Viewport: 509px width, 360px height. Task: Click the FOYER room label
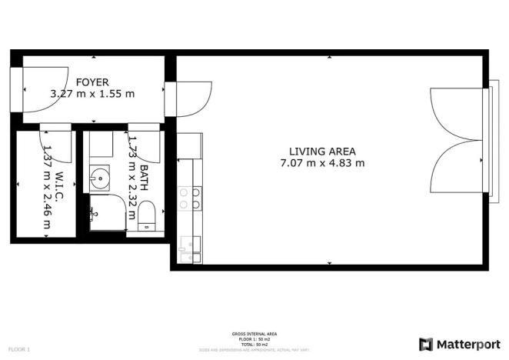pyautogui.click(x=92, y=82)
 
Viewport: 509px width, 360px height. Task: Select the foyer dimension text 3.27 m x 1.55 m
pyautogui.click(x=92, y=94)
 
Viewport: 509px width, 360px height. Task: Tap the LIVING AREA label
pyautogui.click(x=322, y=151)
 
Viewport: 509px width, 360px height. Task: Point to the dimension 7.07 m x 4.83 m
pyautogui.click(x=322, y=163)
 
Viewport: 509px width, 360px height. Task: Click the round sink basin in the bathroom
pyautogui.click(x=99, y=179)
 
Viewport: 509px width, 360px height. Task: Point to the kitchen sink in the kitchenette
pyautogui.click(x=188, y=245)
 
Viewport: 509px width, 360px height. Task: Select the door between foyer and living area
pyautogui.click(x=188, y=98)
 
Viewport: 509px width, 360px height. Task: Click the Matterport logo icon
pyautogui.click(x=426, y=344)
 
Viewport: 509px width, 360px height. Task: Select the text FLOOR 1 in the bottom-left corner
pyautogui.click(x=18, y=350)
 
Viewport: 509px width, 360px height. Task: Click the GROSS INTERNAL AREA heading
pyautogui.click(x=254, y=334)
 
